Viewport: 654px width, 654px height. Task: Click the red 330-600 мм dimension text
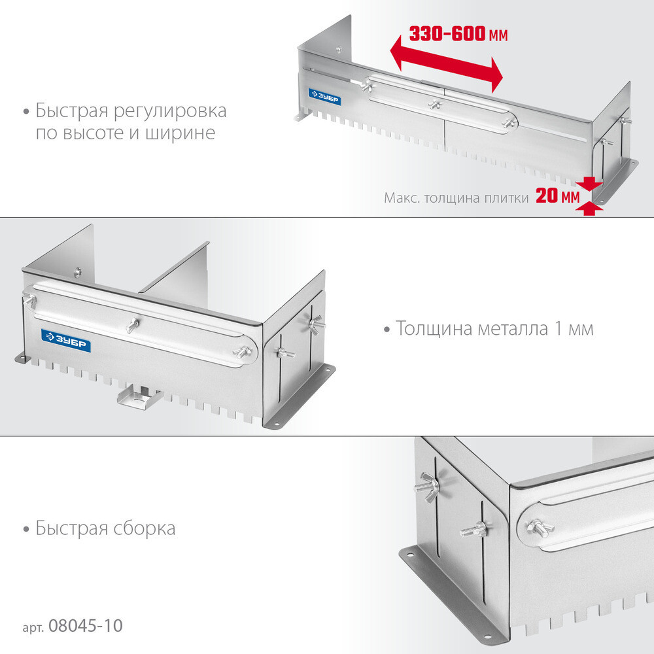[458, 35]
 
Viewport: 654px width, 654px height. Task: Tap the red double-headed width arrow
[445, 65]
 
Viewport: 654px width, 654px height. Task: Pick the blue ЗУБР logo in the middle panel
[66, 338]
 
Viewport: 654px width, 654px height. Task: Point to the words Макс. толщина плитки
[456, 198]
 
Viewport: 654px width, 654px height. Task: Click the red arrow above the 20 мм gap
[591, 184]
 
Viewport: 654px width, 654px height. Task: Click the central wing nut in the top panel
[434, 104]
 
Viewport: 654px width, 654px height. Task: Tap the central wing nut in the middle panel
[133, 323]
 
